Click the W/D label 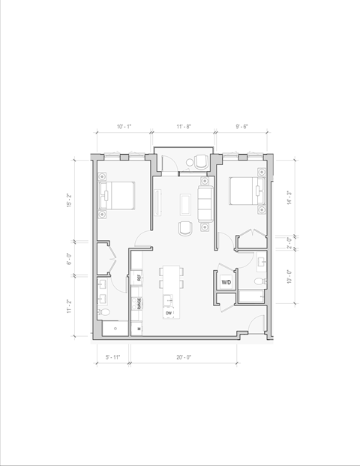point(226,283)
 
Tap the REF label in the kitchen point(139,278)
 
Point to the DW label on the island point(169,313)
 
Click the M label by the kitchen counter point(139,328)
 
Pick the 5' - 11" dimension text point(113,357)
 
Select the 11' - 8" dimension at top point(184,127)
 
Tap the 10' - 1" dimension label point(124,127)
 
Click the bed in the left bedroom point(118,197)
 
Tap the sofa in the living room point(205,203)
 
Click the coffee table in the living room point(184,203)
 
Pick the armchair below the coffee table point(184,228)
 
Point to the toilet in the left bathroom point(105,311)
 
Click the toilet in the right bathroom point(258,281)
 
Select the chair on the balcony point(199,161)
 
